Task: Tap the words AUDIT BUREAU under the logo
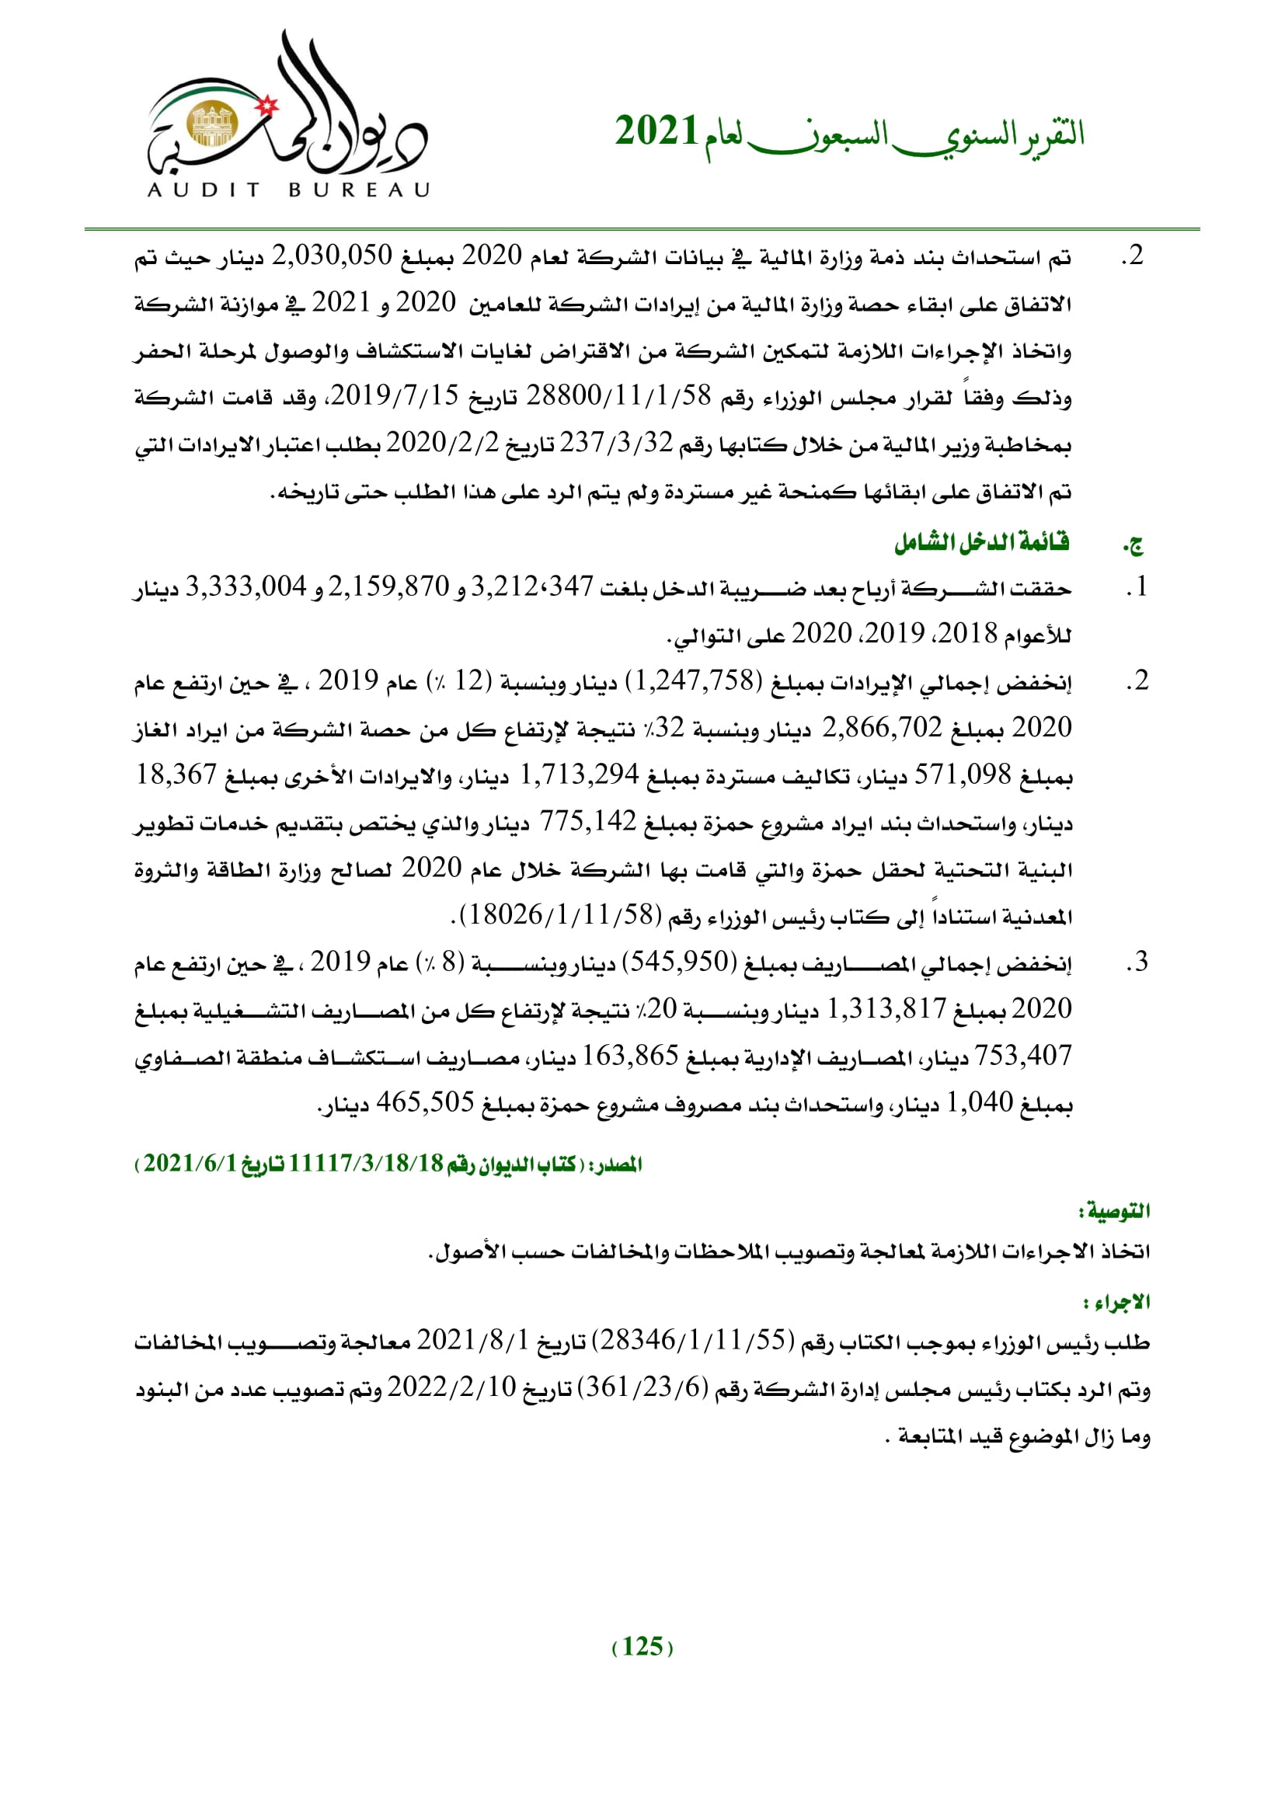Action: (x=289, y=190)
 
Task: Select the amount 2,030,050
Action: (x=332, y=256)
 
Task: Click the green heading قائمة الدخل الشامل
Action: (x=981, y=542)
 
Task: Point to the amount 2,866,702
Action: (x=883, y=727)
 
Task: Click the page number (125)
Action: (x=642, y=1646)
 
